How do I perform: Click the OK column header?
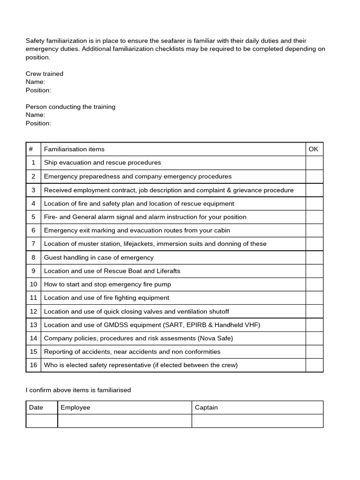click(314, 149)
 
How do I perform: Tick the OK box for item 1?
click(314, 163)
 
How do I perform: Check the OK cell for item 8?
click(314, 257)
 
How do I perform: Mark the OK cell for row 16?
click(314, 365)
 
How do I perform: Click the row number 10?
click(33, 284)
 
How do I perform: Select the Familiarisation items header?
click(74, 149)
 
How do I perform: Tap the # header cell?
click(31, 149)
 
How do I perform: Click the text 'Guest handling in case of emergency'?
click(98, 257)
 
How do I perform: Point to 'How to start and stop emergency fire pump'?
click(107, 284)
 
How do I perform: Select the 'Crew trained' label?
click(44, 74)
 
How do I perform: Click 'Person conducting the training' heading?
click(70, 107)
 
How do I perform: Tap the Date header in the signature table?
click(36, 407)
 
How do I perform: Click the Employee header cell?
click(75, 407)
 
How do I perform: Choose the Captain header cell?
click(206, 407)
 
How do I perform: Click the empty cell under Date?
click(42, 421)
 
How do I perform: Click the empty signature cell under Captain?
click(257, 421)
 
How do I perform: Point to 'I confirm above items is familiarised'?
click(78, 390)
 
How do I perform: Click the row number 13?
click(33, 325)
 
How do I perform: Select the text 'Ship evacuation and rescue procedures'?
click(102, 163)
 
